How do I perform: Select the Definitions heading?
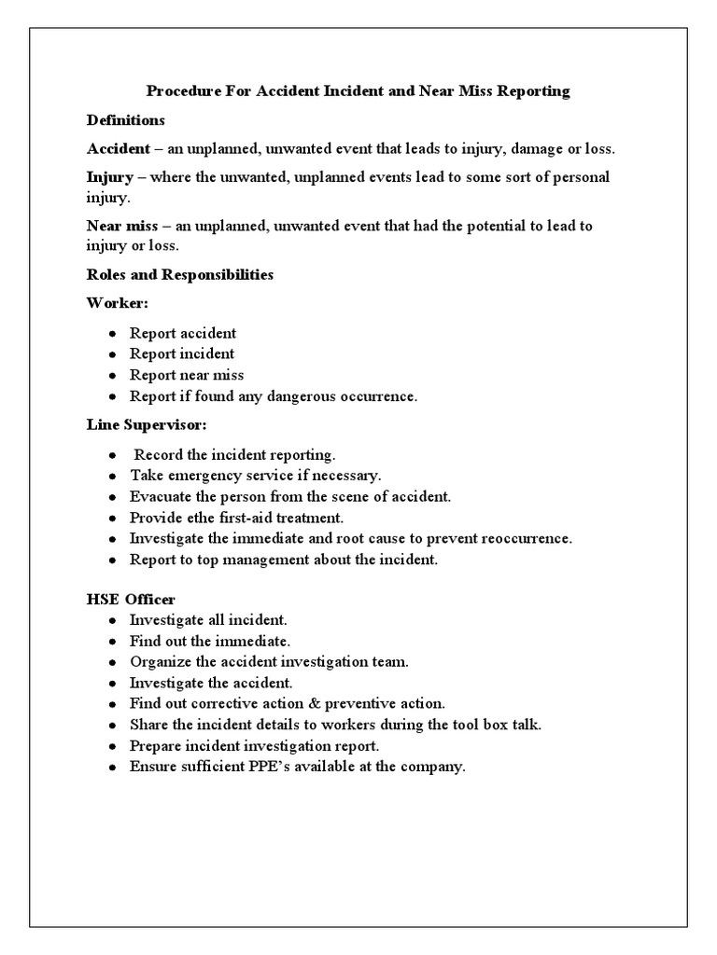[126, 120]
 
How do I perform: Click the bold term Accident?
[118, 149]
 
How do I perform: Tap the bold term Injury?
[109, 177]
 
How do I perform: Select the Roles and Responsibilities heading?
[179, 275]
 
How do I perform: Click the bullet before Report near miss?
[112, 376]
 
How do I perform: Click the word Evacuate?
[160, 497]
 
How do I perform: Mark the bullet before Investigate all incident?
[112, 620]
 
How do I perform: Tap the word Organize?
[160, 662]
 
